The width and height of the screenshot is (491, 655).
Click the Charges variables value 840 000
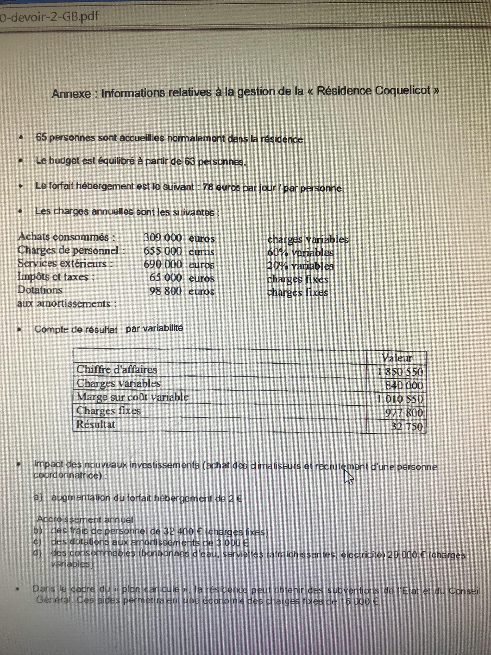coord(404,385)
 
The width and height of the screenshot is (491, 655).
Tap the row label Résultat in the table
coord(96,424)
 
